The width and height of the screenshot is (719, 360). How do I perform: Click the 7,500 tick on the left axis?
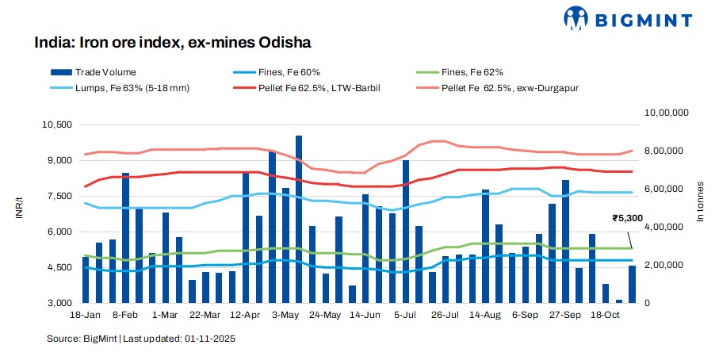[x=59, y=196]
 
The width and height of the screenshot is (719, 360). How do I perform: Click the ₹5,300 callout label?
[x=627, y=216]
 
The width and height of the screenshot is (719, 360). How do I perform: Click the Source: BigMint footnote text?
[x=140, y=339]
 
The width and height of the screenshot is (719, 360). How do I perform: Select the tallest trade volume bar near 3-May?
[x=299, y=220]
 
